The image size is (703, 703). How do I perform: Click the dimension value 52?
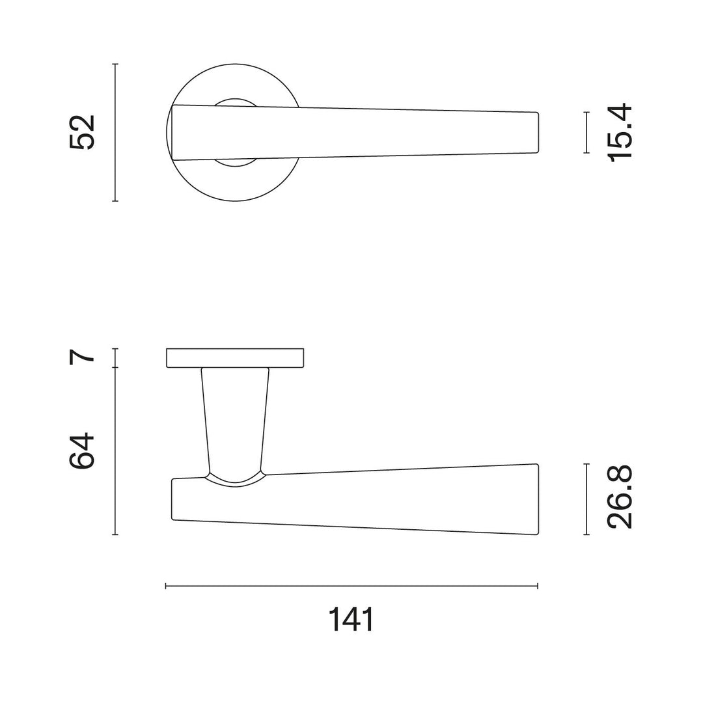(x=83, y=132)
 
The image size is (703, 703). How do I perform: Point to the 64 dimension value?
(x=83, y=450)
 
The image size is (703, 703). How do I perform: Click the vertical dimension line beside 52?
(x=115, y=132)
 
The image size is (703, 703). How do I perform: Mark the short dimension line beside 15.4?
(x=587, y=132)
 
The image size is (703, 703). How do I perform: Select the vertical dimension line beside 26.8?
(x=587, y=499)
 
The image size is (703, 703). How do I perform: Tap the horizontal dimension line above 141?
(x=351, y=586)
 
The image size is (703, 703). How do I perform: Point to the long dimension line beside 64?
(x=115, y=451)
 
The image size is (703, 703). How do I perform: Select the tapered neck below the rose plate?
(x=235, y=417)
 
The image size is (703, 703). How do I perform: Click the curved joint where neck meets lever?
(x=235, y=482)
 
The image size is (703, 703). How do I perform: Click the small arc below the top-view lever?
(x=236, y=163)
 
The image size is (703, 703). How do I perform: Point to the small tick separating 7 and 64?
(x=115, y=368)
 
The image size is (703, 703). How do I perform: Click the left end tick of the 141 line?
(x=167, y=586)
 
